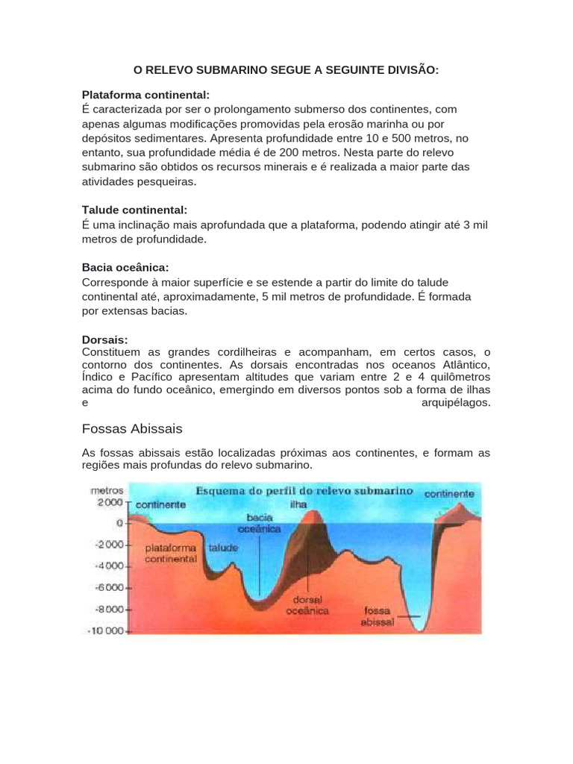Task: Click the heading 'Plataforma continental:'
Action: point(145,95)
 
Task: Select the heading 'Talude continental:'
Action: point(134,210)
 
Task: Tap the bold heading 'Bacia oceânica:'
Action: point(125,267)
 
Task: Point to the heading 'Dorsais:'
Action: point(105,339)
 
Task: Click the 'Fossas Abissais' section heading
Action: point(132,429)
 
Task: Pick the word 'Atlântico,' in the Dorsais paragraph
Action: point(460,364)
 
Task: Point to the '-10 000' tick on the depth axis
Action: point(109,630)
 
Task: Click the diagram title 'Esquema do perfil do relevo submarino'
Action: point(304,492)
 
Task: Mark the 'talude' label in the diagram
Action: point(223,548)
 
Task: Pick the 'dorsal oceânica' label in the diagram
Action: point(307,604)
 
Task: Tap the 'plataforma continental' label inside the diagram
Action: point(172,552)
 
